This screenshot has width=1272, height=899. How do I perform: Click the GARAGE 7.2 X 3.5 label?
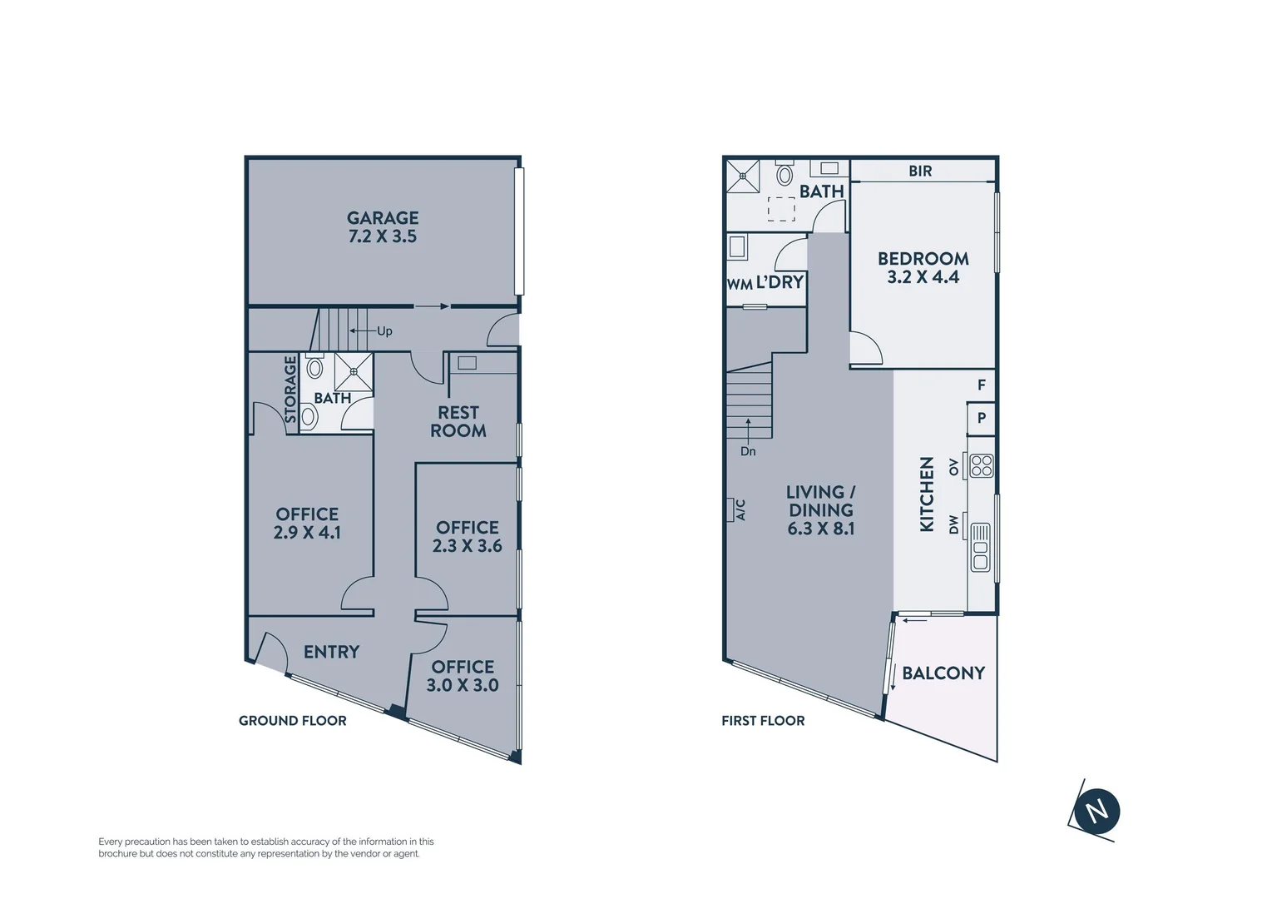click(383, 227)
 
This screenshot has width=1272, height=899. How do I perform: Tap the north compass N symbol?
click(1096, 811)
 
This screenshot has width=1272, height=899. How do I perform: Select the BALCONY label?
click(943, 673)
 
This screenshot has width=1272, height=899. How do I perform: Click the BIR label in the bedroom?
click(920, 171)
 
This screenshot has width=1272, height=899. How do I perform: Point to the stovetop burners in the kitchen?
click(981, 465)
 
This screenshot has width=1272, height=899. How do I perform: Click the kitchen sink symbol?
click(981, 547)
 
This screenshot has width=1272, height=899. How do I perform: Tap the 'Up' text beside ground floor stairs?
click(384, 331)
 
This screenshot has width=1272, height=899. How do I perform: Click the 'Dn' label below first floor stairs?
click(748, 451)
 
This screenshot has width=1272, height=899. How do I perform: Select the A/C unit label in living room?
click(740, 509)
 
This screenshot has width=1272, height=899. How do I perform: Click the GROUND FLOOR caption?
click(293, 721)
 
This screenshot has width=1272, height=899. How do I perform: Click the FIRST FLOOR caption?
click(763, 721)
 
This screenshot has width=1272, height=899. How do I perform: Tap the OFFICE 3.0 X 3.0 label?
click(463, 676)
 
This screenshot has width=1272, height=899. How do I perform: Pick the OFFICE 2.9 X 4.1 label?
click(307, 523)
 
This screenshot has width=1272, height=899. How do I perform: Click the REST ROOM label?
click(458, 421)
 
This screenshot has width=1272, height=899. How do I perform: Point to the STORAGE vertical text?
click(290, 390)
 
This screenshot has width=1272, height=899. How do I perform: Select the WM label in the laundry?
click(739, 284)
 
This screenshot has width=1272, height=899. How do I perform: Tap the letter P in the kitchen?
click(982, 418)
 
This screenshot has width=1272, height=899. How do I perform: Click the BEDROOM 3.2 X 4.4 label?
click(923, 267)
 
